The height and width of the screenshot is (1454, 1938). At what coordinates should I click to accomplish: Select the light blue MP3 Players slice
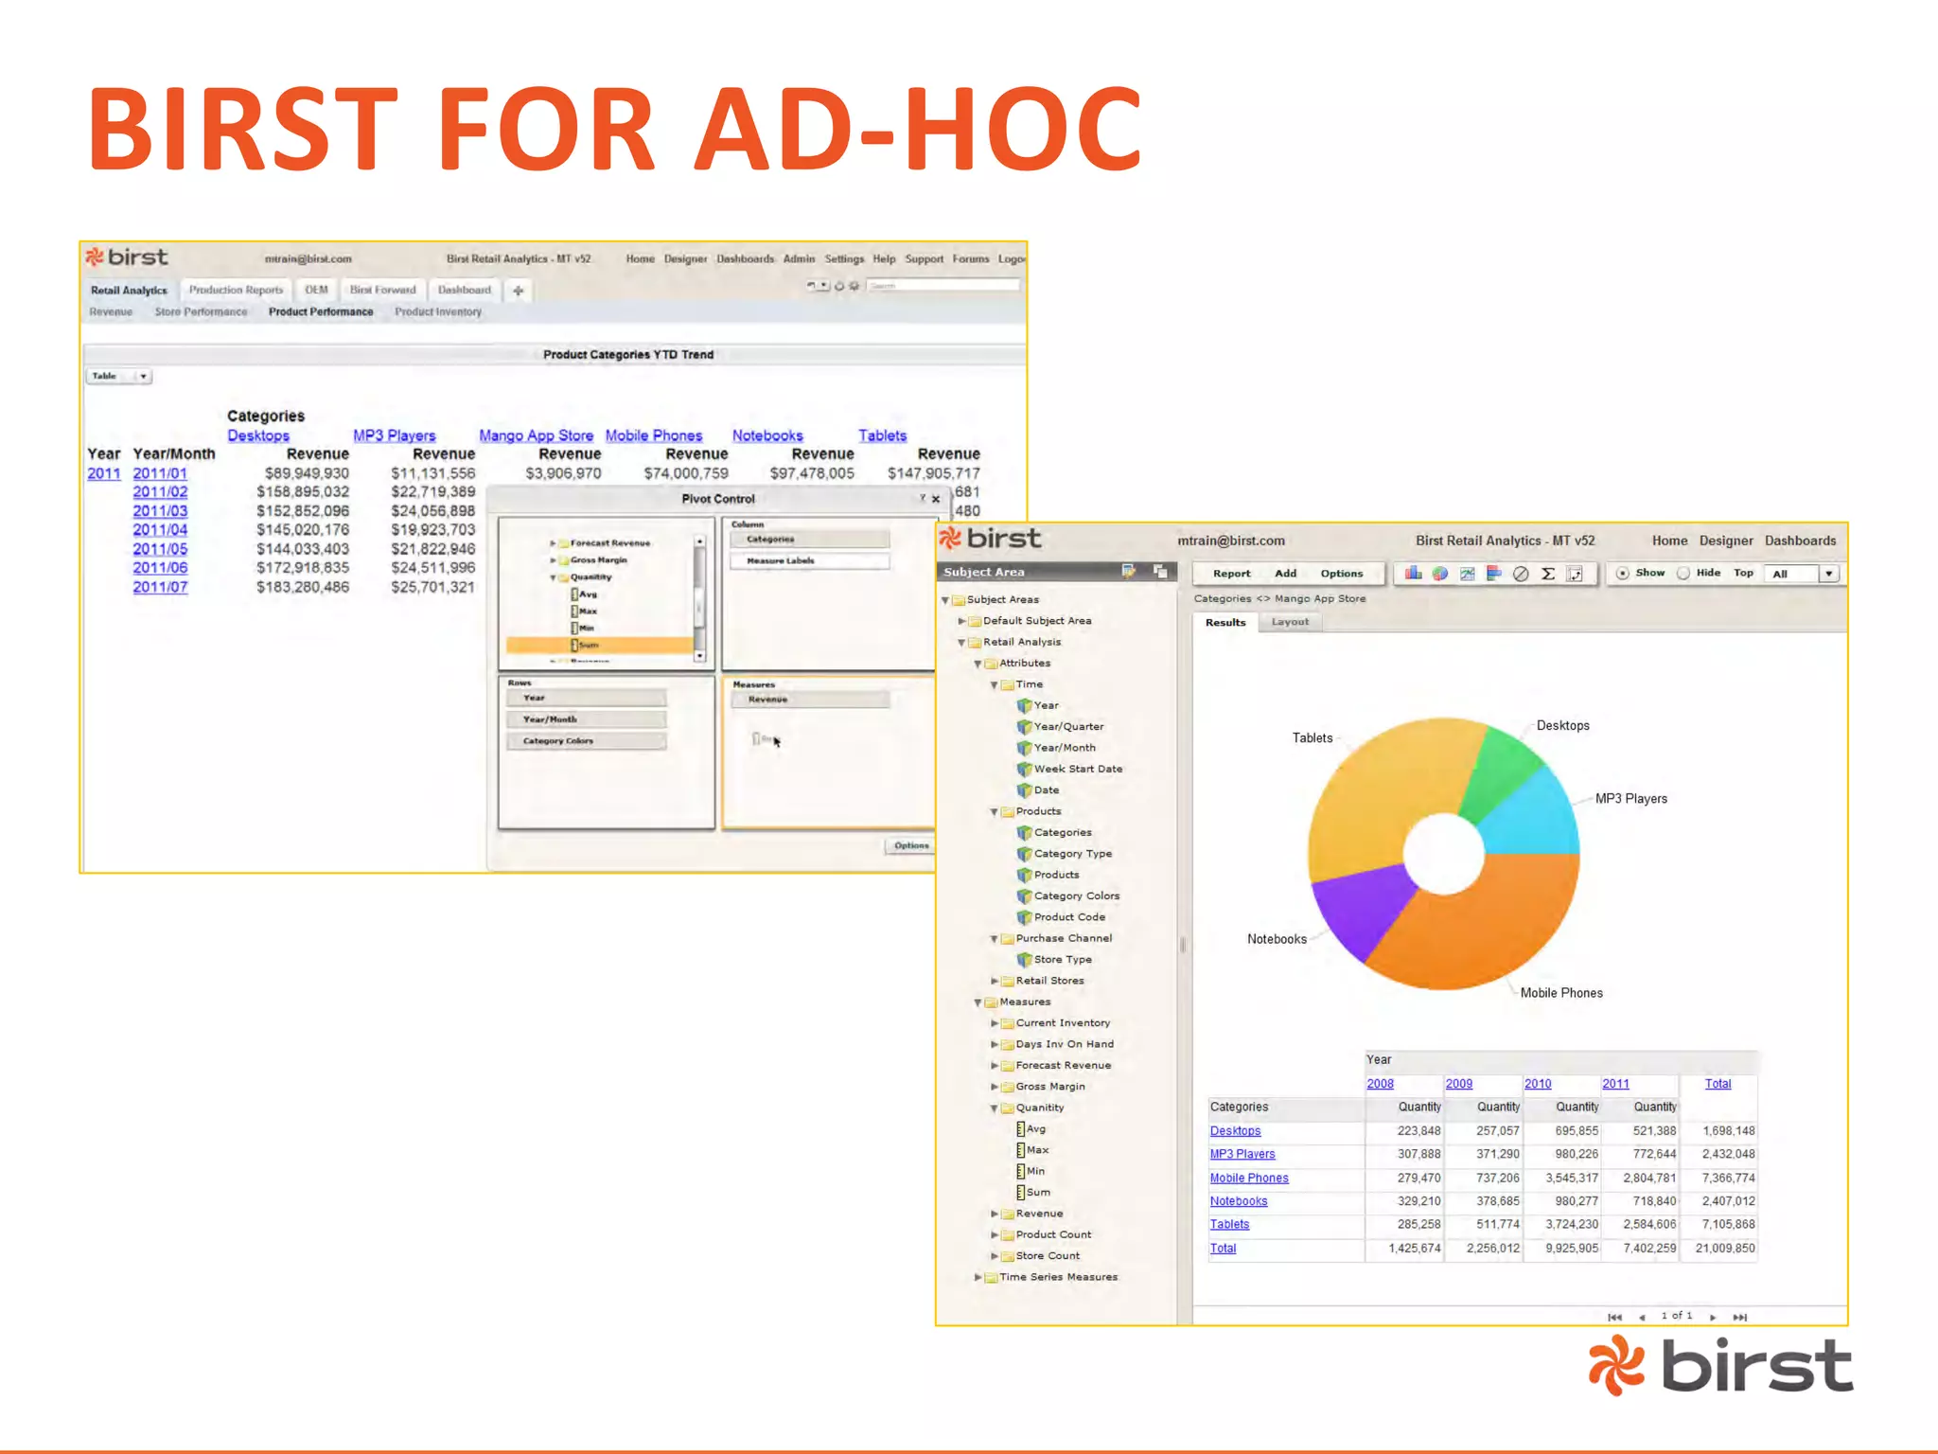1533,814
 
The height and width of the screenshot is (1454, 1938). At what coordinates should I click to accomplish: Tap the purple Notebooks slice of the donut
1363,909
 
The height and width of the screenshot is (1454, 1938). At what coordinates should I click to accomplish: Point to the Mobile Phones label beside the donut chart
1561,993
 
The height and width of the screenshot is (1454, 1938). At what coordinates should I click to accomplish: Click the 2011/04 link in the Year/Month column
160,530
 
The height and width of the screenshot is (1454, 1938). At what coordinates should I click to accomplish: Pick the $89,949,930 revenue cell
307,473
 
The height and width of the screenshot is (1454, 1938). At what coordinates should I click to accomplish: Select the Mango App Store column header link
536,435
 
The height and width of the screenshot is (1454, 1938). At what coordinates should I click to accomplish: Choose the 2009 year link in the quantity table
1458,1084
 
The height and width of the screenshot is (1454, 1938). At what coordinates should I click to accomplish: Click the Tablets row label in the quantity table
1229,1225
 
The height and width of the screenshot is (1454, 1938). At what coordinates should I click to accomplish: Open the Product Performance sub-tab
321,312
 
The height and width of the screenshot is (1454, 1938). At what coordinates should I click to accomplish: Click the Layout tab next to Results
1290,622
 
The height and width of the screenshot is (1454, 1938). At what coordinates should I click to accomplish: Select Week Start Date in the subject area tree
1078,769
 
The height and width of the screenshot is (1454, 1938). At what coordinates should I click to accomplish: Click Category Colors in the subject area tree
1076,895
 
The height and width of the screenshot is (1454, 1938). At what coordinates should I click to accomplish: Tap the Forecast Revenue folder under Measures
1063,1065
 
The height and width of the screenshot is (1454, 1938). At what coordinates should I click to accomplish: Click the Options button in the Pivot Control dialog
911,845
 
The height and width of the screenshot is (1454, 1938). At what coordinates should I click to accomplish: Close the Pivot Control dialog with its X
936,499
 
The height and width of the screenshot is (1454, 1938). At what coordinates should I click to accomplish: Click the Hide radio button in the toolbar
1683,574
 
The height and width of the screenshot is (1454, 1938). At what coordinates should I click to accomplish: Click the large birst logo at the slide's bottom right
1720,1365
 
